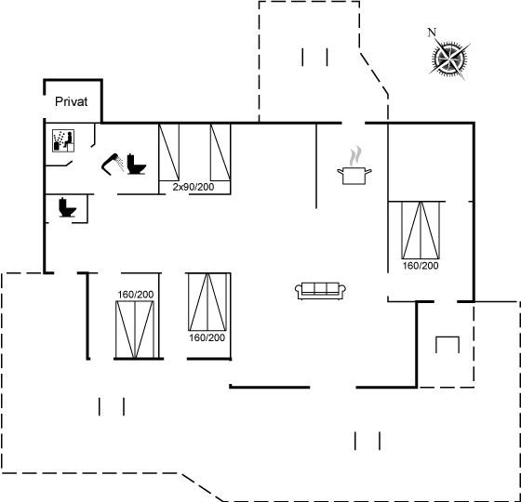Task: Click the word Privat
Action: point(71,101)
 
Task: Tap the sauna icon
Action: point(63,140)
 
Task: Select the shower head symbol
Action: point(113,164)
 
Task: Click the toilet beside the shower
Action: point(136,164)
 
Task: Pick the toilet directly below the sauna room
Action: point(67,207)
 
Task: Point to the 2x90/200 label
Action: point(194,187)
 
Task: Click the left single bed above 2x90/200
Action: point(168,152)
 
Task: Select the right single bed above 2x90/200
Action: point(220,152)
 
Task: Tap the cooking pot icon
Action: point(354,176)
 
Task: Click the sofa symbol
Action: point(320,291)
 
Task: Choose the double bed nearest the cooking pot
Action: point(421,231)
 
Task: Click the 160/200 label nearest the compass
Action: point(421,266)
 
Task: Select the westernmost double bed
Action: point(135,329)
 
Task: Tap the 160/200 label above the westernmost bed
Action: point(136,295)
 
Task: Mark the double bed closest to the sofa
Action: point(207,302)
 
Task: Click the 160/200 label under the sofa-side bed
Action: point(207,338)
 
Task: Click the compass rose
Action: point(449,59)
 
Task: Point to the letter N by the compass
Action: point(432,33)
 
